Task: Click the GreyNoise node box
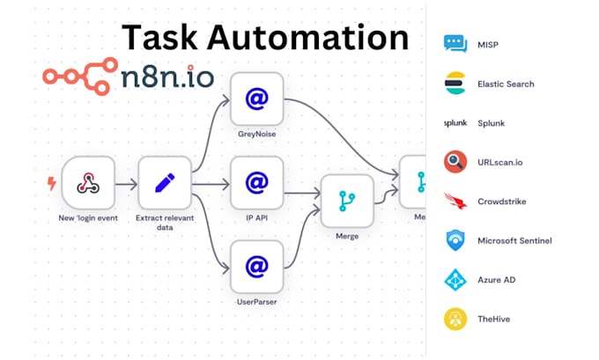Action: [256, 99]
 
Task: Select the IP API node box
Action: [256, 182]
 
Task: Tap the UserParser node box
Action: [256, 266]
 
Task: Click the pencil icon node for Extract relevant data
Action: [164, 182]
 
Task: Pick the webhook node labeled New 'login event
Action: [89, 182]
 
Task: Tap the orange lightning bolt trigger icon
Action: [50, 182]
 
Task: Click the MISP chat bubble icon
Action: [455, 44]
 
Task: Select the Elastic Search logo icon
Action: [455, 84]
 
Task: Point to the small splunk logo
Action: [455, 123]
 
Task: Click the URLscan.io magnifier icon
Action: [455, 162]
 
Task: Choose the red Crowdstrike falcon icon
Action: [455, 201]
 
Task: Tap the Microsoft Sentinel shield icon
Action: [455, 240]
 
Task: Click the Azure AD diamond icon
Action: [455, 279]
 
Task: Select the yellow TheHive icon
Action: [455, 318]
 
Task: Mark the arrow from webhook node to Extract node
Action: [126, 183]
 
